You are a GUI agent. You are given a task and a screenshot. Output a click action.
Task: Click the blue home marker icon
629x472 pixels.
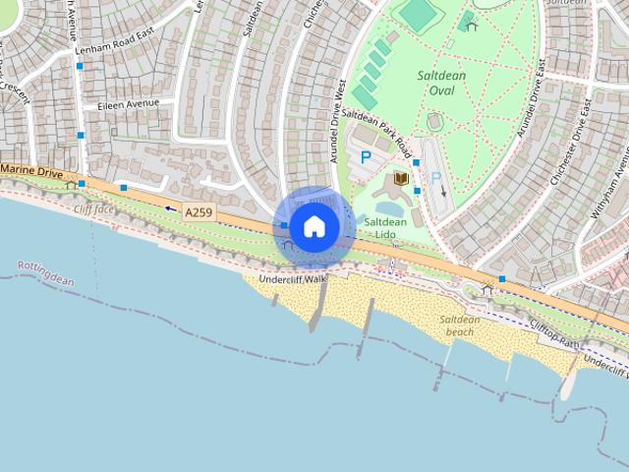pos(314,226)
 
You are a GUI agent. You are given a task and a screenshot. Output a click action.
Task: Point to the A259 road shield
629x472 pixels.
pos(198,211)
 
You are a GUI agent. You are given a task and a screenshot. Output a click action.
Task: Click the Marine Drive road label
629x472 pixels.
pos(31,172)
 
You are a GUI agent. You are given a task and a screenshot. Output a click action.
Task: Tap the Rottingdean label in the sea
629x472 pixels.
pos(45,273)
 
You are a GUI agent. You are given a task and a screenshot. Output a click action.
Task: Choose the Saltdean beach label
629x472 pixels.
pos(459,325)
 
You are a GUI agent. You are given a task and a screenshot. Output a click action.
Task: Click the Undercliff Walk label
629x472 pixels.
pos(292,279)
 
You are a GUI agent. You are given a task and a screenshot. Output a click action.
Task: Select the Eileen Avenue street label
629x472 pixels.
pos(128,104)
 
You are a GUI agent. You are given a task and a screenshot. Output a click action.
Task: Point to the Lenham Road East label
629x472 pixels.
pos(116,49)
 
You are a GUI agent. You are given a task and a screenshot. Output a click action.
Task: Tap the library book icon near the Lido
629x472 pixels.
pos(400,179)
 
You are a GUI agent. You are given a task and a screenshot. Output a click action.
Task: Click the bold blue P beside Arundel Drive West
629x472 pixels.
pos(367,156)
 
